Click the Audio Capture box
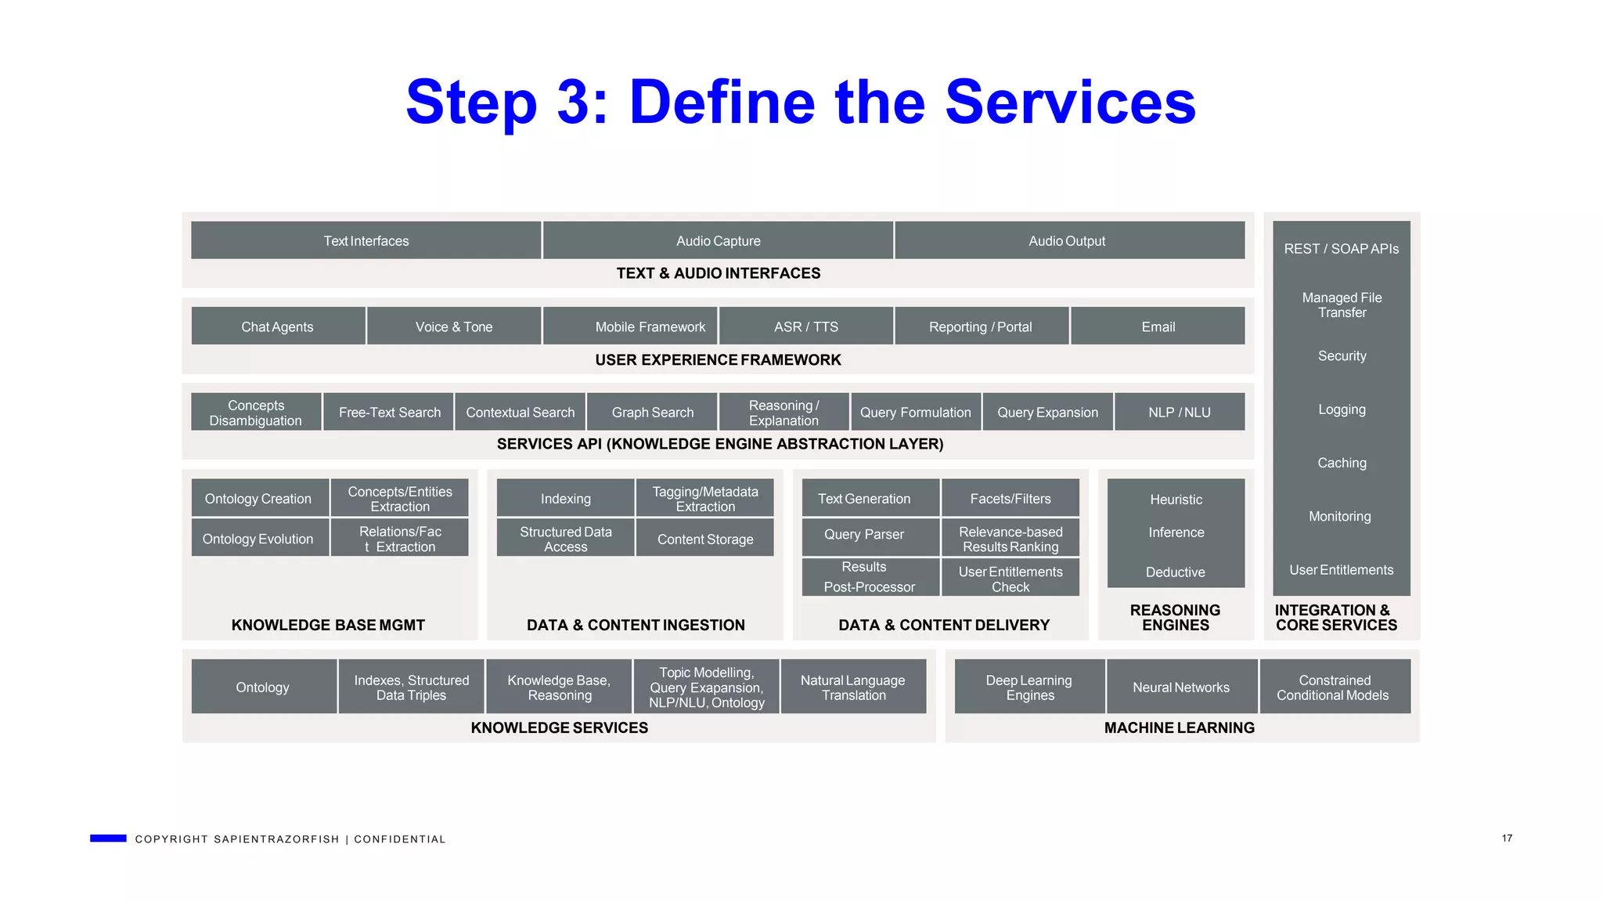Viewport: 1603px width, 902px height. [718, 240]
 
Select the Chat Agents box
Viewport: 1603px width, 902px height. [278, 327]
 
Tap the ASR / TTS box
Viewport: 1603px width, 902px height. [805, 327]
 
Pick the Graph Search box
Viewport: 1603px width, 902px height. [652, 412]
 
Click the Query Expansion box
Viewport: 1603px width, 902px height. [1047, 412]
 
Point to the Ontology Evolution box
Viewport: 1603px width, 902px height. [259, 539]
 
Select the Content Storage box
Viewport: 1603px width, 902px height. [705, 539]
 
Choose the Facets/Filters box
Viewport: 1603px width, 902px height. [1010, 499]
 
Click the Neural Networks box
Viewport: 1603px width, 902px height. [1181, 687]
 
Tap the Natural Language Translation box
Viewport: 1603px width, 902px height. [853, 687]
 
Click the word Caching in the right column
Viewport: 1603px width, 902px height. [1342, 463]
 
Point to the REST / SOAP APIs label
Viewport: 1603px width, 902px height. [1341, 249]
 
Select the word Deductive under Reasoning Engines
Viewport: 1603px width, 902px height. [1176, 572]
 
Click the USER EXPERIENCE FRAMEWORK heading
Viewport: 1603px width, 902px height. [718, 360]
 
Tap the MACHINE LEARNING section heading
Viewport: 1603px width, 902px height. [1179, 728]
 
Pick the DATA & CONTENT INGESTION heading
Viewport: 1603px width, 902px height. [636, 626]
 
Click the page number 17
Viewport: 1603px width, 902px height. [1507, 839]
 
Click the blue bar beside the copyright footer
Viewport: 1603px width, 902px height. [108, 839]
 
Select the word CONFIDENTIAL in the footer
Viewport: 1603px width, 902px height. [400, 839]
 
